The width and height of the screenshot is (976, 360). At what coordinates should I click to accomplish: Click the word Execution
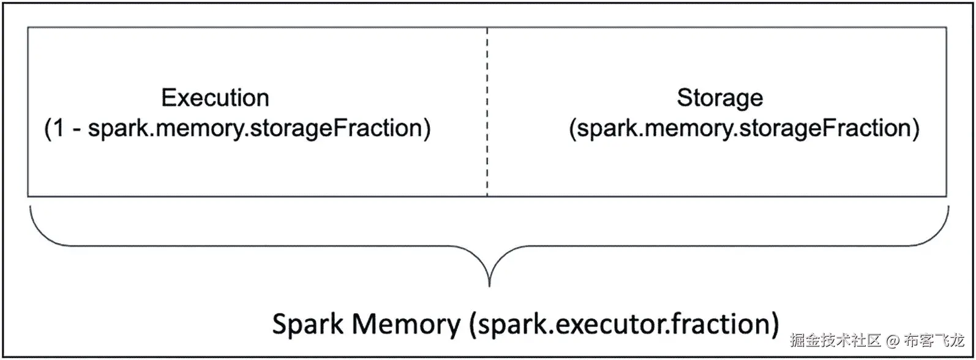click(215, 98)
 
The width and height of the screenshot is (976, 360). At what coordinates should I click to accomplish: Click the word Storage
click(719, 98)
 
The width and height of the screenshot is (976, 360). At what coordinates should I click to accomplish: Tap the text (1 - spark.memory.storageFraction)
click(238, 129)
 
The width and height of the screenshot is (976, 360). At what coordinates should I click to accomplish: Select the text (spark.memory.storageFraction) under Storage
click(744, 129)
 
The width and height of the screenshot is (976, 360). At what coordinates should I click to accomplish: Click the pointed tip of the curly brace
click(489, 283)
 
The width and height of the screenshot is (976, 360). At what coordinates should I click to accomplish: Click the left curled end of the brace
click(31, 211)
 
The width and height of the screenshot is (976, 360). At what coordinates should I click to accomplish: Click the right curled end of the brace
click(947, 211)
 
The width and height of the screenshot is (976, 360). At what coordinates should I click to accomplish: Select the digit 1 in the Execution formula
click(58, 129)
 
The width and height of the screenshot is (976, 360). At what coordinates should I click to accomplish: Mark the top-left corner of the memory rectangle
click(28, 28)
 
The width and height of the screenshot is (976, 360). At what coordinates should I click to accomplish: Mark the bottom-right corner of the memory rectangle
click(947, 196)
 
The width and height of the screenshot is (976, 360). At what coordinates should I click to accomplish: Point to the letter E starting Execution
click(167, 98)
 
